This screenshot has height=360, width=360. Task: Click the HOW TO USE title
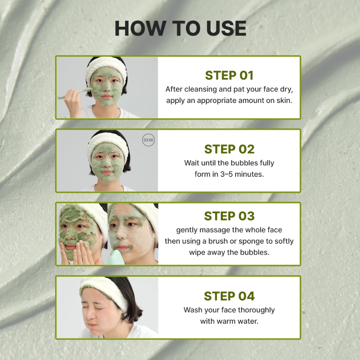point(180,28)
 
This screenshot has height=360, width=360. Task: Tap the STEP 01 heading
point(229,75)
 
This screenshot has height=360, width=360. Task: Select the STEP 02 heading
point(229,149)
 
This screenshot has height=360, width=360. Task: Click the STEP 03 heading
point(229,216)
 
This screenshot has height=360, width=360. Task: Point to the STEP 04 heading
point(229,296)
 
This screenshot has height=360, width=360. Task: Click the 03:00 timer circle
point(148,140)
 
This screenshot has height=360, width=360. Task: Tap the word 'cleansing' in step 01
point(200,89)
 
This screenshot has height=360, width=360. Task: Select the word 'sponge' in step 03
point(251,242)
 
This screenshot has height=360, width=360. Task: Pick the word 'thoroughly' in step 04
point(256,310)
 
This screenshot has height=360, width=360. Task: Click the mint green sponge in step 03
point(116,257)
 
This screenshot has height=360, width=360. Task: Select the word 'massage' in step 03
point(210,230)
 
